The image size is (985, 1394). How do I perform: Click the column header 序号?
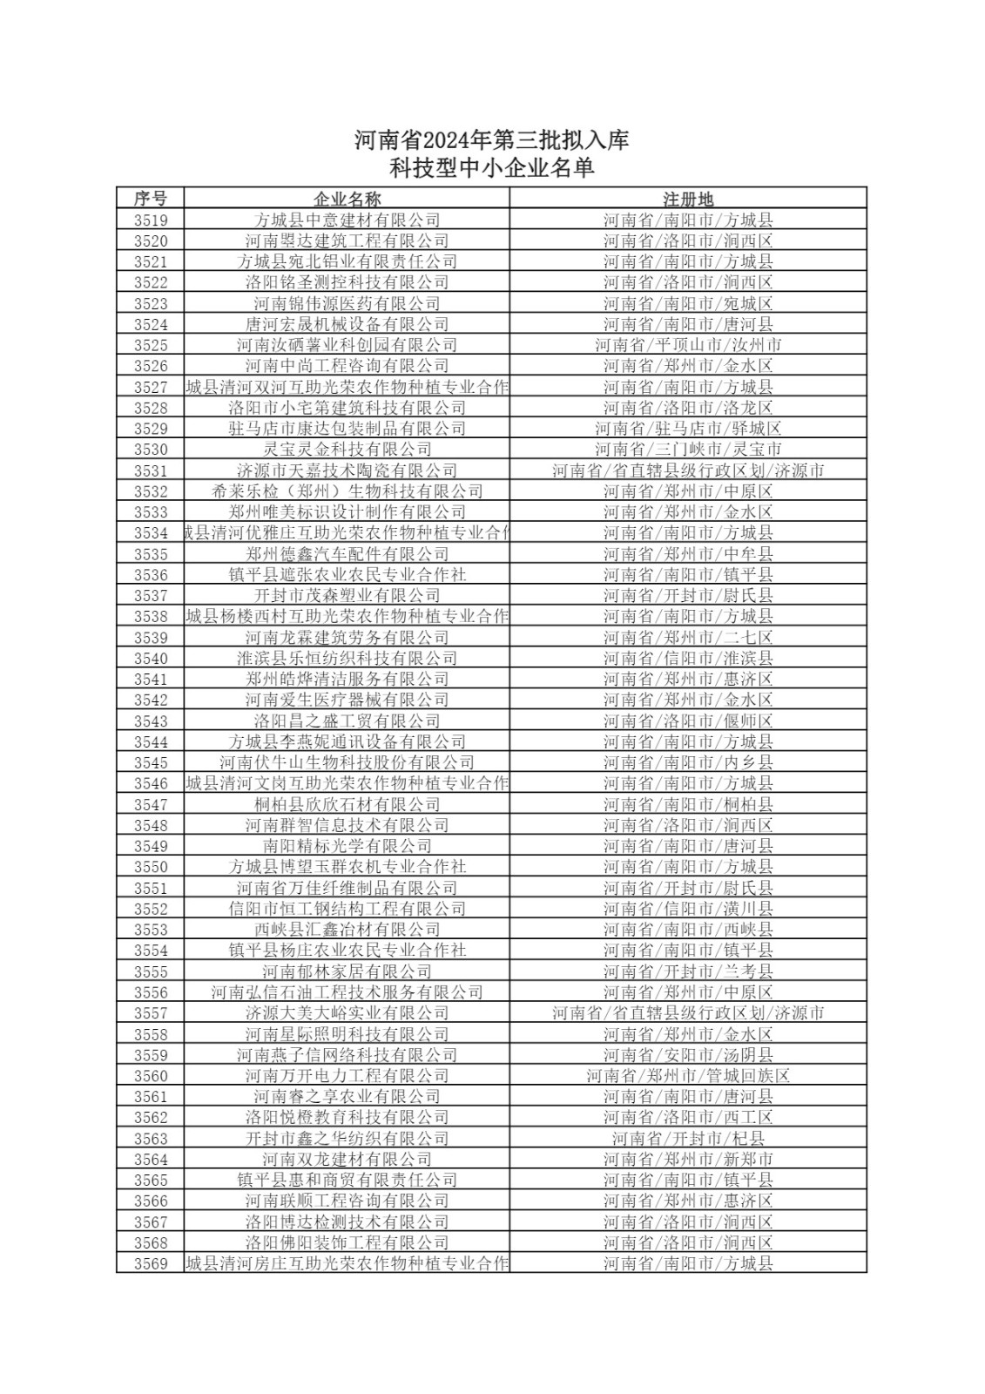click(150, 199)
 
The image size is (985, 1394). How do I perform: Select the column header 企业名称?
click(347, 199)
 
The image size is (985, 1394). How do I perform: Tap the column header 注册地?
click(688, 199)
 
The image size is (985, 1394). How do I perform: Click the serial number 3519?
click(150, 220)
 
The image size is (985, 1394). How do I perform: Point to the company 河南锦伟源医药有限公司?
click(347, 303)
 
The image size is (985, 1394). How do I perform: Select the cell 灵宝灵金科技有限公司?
click(347, 450)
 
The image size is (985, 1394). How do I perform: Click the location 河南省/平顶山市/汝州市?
click(688, 345)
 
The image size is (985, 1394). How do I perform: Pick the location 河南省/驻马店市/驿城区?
click(688, 429)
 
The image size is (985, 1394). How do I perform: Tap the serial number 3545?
click(150, 762)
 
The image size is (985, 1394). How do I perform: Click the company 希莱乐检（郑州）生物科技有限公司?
click(347, 491)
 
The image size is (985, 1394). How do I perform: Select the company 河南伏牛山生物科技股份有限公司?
click(347, 762)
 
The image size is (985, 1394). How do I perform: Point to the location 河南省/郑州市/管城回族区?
click(688, 1076)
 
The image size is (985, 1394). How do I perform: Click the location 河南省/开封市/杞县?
click(688, 1139)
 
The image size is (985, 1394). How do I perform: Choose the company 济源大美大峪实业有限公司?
click(347, 1013)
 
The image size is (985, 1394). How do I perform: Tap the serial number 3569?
click(150, 1264)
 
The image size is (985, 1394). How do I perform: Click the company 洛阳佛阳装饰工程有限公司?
click(347, 1243)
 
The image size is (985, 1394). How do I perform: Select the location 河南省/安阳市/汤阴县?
click(688, 1055)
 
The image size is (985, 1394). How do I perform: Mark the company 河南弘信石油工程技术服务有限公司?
click(347, 992)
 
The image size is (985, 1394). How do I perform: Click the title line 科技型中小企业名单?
click(491, 168)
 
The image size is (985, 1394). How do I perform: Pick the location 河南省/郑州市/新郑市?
click(688, 1160)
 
